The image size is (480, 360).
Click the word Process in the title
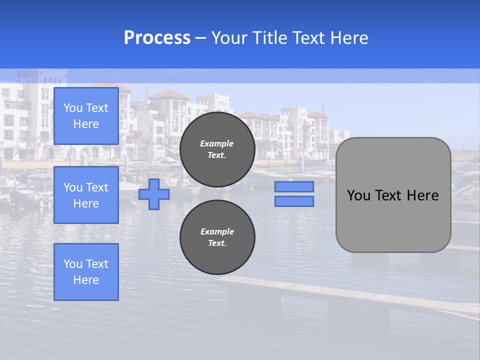pyautogui.click(x=157, y=38)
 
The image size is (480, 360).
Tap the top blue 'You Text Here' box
pyautogui.click(x=86, y=116)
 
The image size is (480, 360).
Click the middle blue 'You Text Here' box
pyautogui.click(x=86, y=195)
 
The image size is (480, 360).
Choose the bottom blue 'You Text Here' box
pyautogui.click(x=86, y=271)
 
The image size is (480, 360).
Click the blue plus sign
pyautogui.click(x=154, y=194)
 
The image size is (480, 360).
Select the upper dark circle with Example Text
pyautogui.click(x=217, y=149)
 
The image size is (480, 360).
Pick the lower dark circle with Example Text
pyautogui.click(x=217, y=237)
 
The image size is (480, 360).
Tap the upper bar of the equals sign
pyautogui.click(x=294, y=186)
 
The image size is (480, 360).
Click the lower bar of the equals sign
pyautogui.click(x=294, y=201)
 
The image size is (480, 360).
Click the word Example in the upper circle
pyautogui.click(x=217, y=143)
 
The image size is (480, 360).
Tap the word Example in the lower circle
pyautogui.click(x=217, y=231)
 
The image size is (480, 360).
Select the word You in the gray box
pyautogui.click(x=358, y=195)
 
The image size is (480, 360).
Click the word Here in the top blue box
pyautogui.click(x=86, y=124)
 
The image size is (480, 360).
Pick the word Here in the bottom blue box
pyautogui.click(x=86, y=280)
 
